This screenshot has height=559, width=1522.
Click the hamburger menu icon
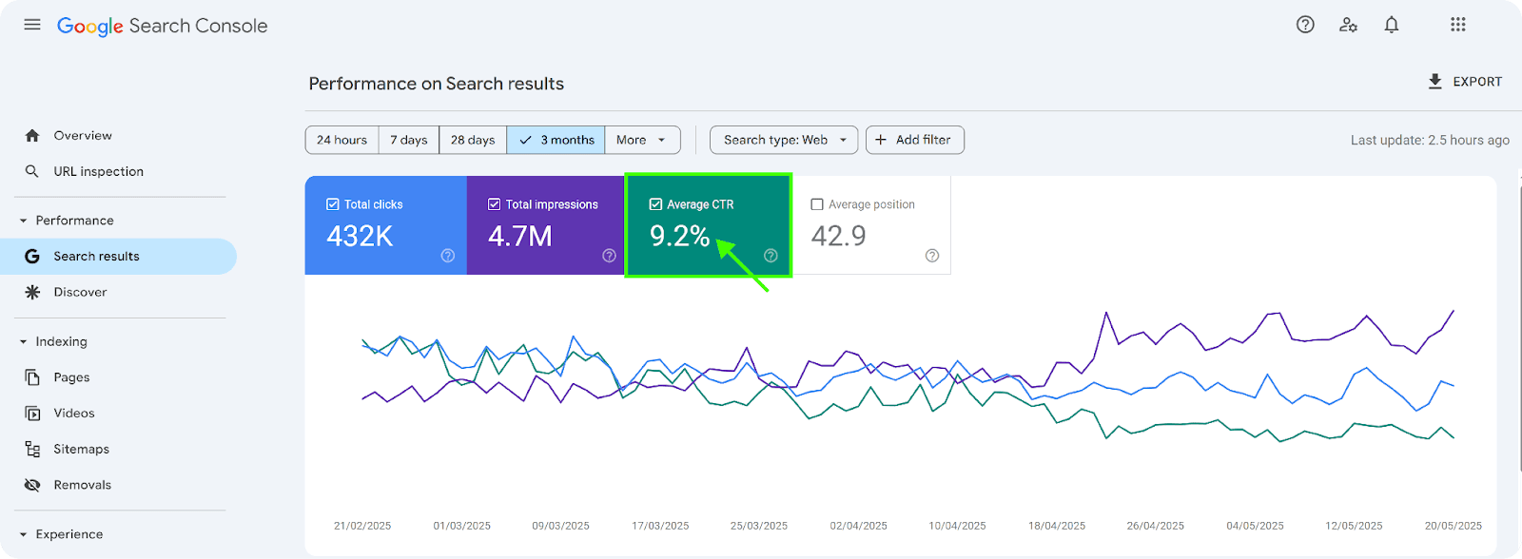point(32,25)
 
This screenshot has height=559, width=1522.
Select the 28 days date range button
point(472,140)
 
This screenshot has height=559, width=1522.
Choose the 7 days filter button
point(408,140)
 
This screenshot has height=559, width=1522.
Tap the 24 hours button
point(341,140)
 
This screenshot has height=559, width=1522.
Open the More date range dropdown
point(642,140)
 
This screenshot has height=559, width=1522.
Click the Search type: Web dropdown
point(784,140)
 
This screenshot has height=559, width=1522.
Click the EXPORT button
point(1465,82)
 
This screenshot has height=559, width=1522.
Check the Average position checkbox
point(817,204)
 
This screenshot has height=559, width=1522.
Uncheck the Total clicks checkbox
point(332,204)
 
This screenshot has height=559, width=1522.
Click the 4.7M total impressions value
point(519,237)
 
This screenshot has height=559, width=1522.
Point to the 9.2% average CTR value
point(679,237)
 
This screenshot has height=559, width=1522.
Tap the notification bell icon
point(1392,25)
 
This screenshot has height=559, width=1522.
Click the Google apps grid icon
point(1458,25)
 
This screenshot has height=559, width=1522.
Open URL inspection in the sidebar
point(99,171)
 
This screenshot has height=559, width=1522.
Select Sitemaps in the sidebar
point(82,449)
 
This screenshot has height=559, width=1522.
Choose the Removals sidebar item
point(82,485)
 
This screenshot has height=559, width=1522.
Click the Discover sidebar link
point(80,292)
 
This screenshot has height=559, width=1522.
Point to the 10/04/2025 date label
point(957,526)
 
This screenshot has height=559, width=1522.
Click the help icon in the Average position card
point(932,256)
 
